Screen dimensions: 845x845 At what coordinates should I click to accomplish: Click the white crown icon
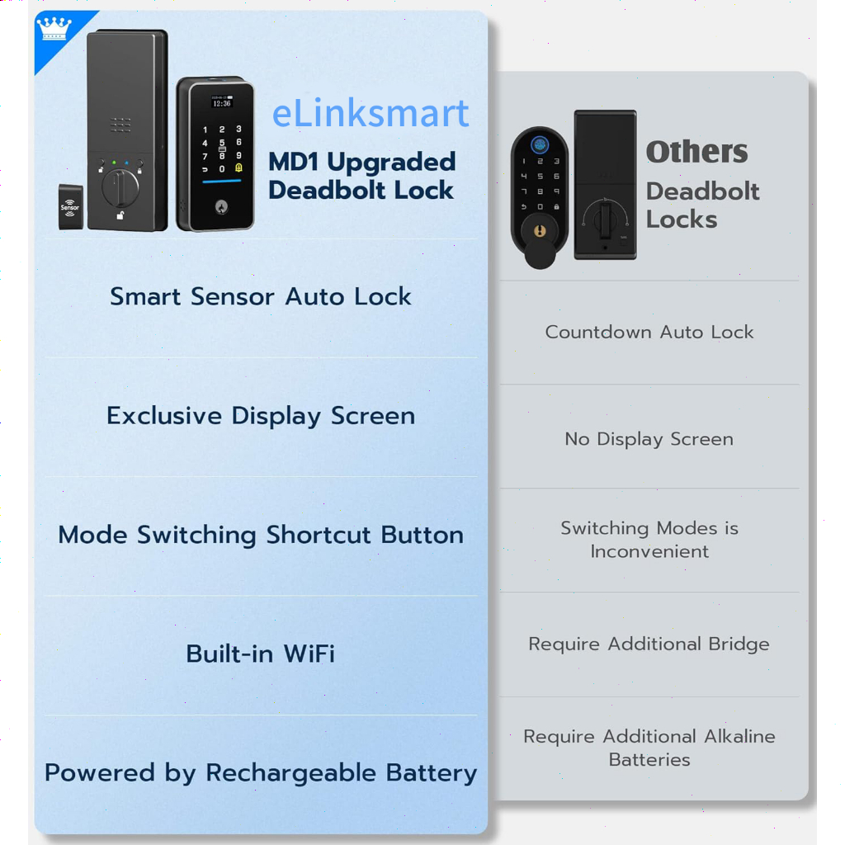(x=54, y=28)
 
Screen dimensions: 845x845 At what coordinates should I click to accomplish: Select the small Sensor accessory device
(x=71, y=207)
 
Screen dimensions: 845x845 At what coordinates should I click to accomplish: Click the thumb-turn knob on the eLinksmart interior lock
(x=120, y=188)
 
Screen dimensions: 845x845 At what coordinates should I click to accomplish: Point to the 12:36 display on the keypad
(x=222, y=103)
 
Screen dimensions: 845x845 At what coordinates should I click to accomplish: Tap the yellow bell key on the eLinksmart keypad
(x=238, y=168)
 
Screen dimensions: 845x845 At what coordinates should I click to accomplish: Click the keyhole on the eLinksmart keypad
(x=221, y=206)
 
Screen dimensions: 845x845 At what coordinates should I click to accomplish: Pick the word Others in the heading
(x=696, y=152)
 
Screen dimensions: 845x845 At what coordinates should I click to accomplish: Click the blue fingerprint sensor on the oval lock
(x=540, y=144)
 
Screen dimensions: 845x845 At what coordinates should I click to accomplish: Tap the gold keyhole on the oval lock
(x=540, y=231)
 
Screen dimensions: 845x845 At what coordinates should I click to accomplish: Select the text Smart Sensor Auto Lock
(x=260, y=296)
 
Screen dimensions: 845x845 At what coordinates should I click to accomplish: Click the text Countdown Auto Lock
(x=649, y=332)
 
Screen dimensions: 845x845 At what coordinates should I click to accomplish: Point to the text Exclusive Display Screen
(x=261, y=416)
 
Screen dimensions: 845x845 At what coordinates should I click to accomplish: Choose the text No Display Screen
(x=649, y=439)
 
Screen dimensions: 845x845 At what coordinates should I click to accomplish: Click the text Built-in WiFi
(x=260, y=654)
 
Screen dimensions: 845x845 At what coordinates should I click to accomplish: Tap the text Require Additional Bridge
(x=649, y=644)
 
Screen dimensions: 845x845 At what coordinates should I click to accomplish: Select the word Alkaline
(x=739, y=736)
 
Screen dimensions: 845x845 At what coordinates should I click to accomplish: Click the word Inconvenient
(x=649, y=551)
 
